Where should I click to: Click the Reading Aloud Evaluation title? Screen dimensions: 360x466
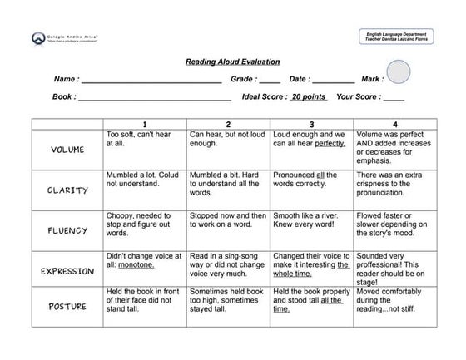(x=232, y=62)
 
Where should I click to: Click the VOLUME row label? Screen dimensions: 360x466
(x=67, y=150)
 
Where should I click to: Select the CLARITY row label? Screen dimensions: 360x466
(x=67, y=190)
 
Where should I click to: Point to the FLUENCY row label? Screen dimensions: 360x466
(x=67, y=230)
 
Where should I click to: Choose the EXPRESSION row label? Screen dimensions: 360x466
(x=67, y=270)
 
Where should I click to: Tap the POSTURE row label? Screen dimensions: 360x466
(x=67, y=306)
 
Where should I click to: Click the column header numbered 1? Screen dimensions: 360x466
(x=144, y=124)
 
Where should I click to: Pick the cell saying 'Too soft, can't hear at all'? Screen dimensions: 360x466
(x=144, y=138)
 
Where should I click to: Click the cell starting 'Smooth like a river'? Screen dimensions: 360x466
(x=311, y=219)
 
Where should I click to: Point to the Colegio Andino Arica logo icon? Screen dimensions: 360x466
(x=37, y=37)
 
